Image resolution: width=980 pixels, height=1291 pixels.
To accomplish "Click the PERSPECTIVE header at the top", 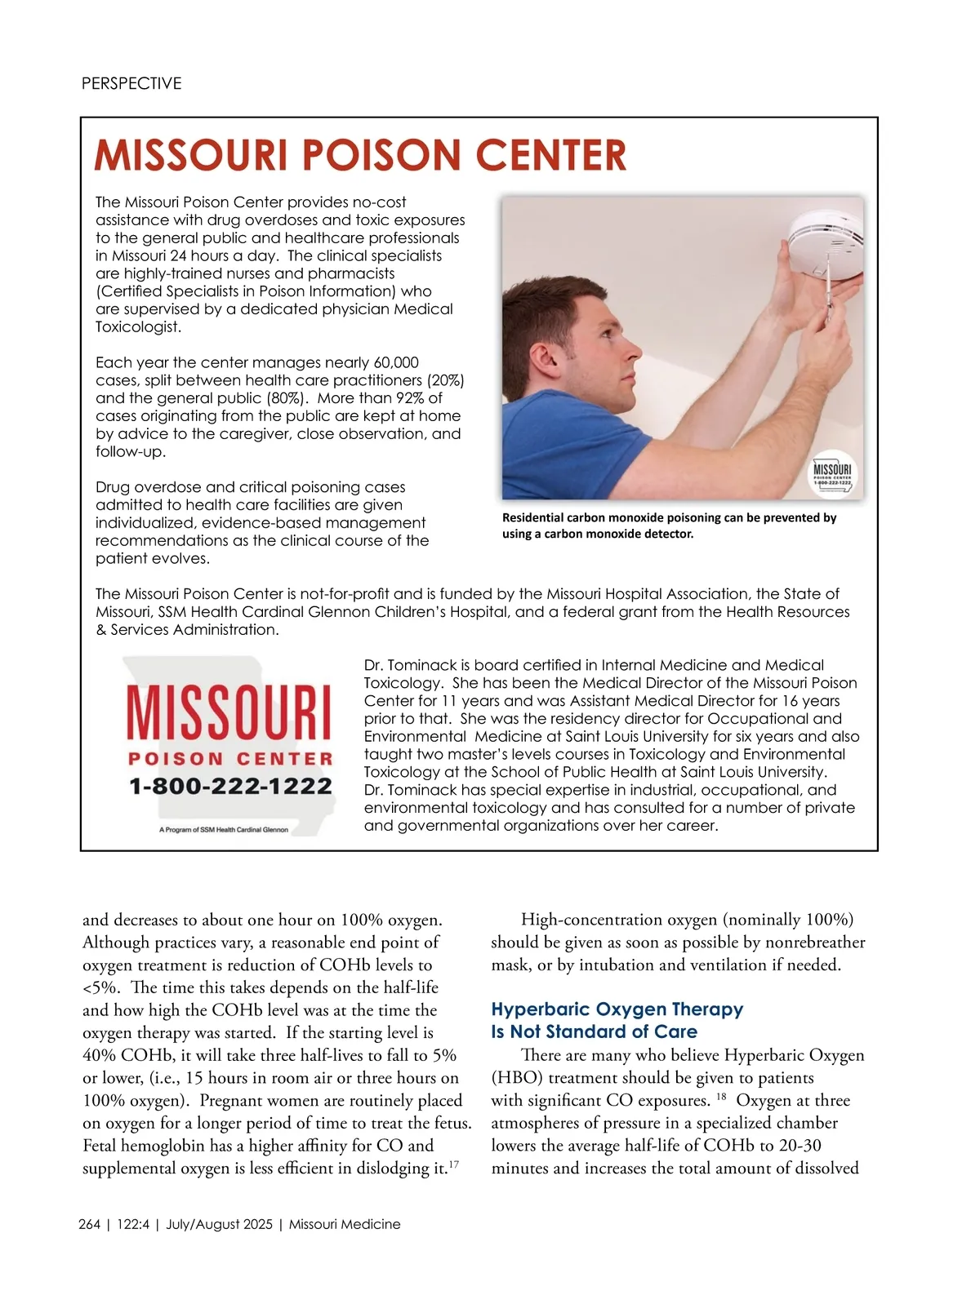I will tap(131, 83).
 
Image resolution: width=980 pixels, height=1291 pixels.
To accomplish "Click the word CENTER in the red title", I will tap(550, 155).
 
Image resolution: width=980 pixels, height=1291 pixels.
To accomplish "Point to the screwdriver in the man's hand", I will tap(828, 290).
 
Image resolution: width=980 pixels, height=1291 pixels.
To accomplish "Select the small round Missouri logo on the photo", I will tap(832, 474).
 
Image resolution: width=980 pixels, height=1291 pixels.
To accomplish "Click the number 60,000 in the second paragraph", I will tap(396, 362).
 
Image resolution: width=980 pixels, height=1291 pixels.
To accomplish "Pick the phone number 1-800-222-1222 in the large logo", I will tap(230, 787).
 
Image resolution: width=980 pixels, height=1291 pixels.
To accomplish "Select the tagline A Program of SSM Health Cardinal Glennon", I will tap(224, 830).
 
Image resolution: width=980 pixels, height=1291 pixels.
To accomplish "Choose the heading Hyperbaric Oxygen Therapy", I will tap(617, 1009).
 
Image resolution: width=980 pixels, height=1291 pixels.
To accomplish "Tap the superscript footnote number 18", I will tap(721, 1096).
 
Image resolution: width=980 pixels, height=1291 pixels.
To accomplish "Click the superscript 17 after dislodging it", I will tap(454, 1165).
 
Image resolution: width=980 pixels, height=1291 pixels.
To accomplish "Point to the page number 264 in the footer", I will tap(90, 1224).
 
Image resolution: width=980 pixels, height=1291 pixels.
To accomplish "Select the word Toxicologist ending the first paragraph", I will tap(137, 327).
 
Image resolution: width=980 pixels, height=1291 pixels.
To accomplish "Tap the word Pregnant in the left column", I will tap(232, 1100).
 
